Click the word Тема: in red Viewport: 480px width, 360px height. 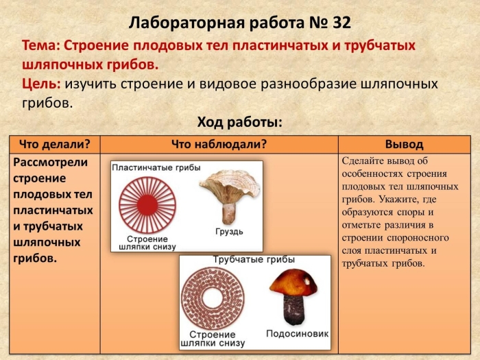pyautogui.click(x=42, y=45)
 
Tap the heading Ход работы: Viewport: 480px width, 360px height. pyautogui.click(x=240, y=122)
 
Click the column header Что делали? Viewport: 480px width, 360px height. pyautogui.click(x=55, y=144)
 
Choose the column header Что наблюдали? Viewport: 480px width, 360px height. pyautogui.click(x=219, y=144)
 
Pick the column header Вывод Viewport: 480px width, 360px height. pyautogui.click(x=404, y=144)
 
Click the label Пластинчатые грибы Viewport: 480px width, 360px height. pyautogui.click(x=156, y=168)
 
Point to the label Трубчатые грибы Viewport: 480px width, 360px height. pyautogui.click(x=254, y=261)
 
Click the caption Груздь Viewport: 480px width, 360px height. pyautogui.click(x=228, y=231)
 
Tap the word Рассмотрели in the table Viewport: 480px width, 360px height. pyautogui.click(x=51, y=162)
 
